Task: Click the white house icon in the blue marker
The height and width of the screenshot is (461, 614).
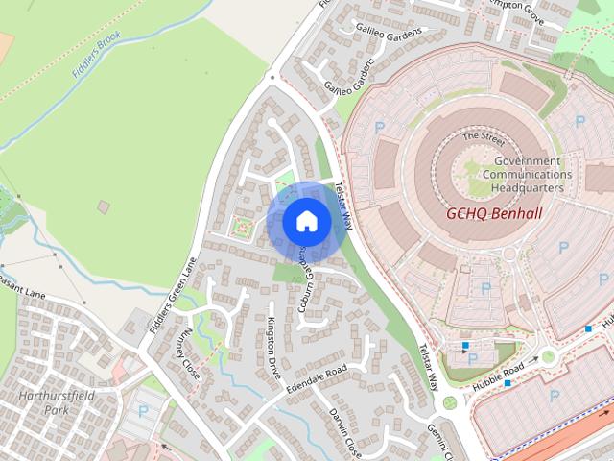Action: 307,221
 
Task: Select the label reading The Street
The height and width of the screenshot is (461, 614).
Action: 483,136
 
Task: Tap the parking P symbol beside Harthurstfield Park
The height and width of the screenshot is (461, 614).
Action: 143,411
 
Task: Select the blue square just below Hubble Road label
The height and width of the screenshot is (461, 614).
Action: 508,383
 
